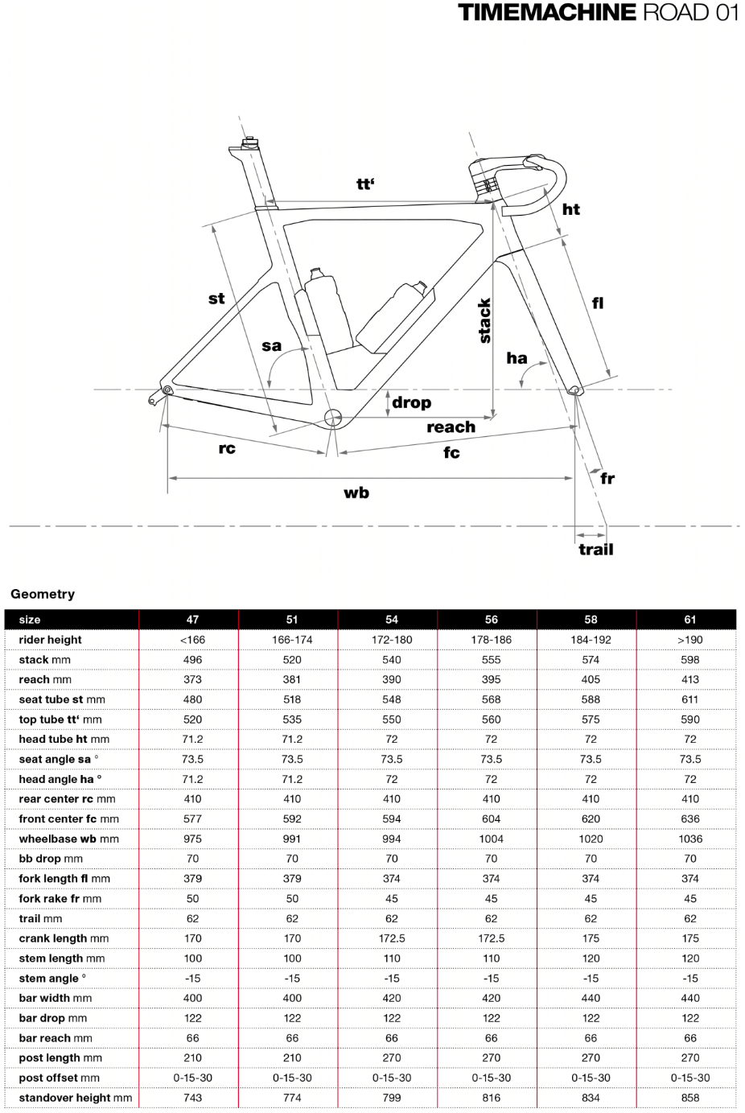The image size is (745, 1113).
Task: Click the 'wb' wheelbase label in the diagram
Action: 356,493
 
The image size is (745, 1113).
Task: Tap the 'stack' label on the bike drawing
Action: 484,320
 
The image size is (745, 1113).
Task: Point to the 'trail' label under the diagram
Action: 595,550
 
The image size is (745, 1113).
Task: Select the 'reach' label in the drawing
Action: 451,427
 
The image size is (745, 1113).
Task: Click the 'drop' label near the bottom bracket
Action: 411,402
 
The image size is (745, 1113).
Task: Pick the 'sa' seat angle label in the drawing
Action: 272,346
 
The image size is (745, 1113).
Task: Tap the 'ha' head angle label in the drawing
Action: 517,358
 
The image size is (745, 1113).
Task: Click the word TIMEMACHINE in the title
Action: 547,13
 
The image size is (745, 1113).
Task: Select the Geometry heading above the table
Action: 43,594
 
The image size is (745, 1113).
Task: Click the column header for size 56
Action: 492,620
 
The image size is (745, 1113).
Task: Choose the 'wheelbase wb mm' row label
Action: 69,839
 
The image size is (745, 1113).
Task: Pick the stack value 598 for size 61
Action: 690,660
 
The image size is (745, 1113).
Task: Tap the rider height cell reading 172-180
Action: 392,640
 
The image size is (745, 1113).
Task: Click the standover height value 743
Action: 193,1098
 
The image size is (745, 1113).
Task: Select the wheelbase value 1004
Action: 492,839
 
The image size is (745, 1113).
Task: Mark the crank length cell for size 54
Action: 392,938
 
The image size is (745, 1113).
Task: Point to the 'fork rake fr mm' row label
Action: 60,899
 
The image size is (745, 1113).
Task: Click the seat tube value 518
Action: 292,699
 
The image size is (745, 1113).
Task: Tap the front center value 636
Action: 690,819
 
